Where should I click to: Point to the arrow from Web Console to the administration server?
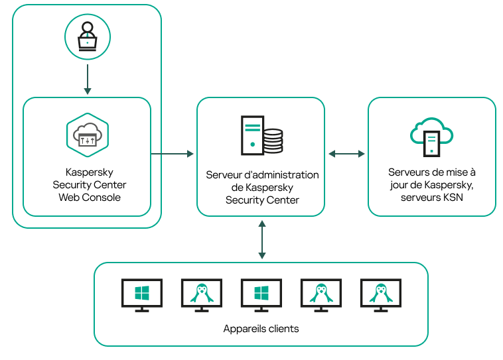(x=173, y=154)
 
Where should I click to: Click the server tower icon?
(x=251, y=135)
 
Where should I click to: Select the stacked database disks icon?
(x=273, y=141)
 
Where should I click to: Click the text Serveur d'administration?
(x=262, y=175)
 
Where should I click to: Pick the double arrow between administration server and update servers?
(x=346, y=154)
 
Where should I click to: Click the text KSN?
(x=452, y=197)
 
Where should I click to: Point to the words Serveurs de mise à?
(x=432, y=172)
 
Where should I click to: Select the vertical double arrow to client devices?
(x=262, y=239)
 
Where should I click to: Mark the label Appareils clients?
(x=261, y=329)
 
